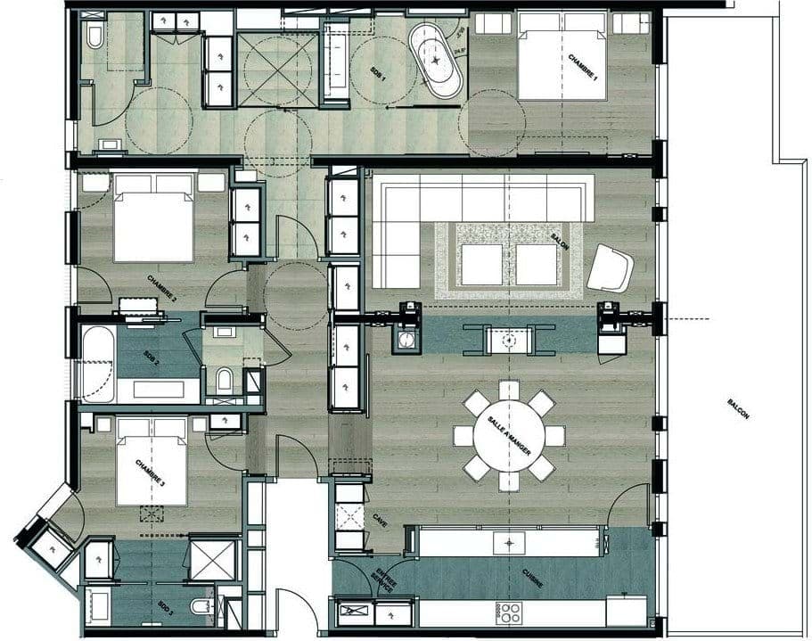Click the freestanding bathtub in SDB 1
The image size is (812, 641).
click(x=436, y=59)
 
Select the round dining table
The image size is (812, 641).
click(x=508, y=435)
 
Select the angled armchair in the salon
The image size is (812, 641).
click(x=611, y=267)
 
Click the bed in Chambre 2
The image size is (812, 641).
click(x=153, y=217)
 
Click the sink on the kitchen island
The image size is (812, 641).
click(x=508, y=541)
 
